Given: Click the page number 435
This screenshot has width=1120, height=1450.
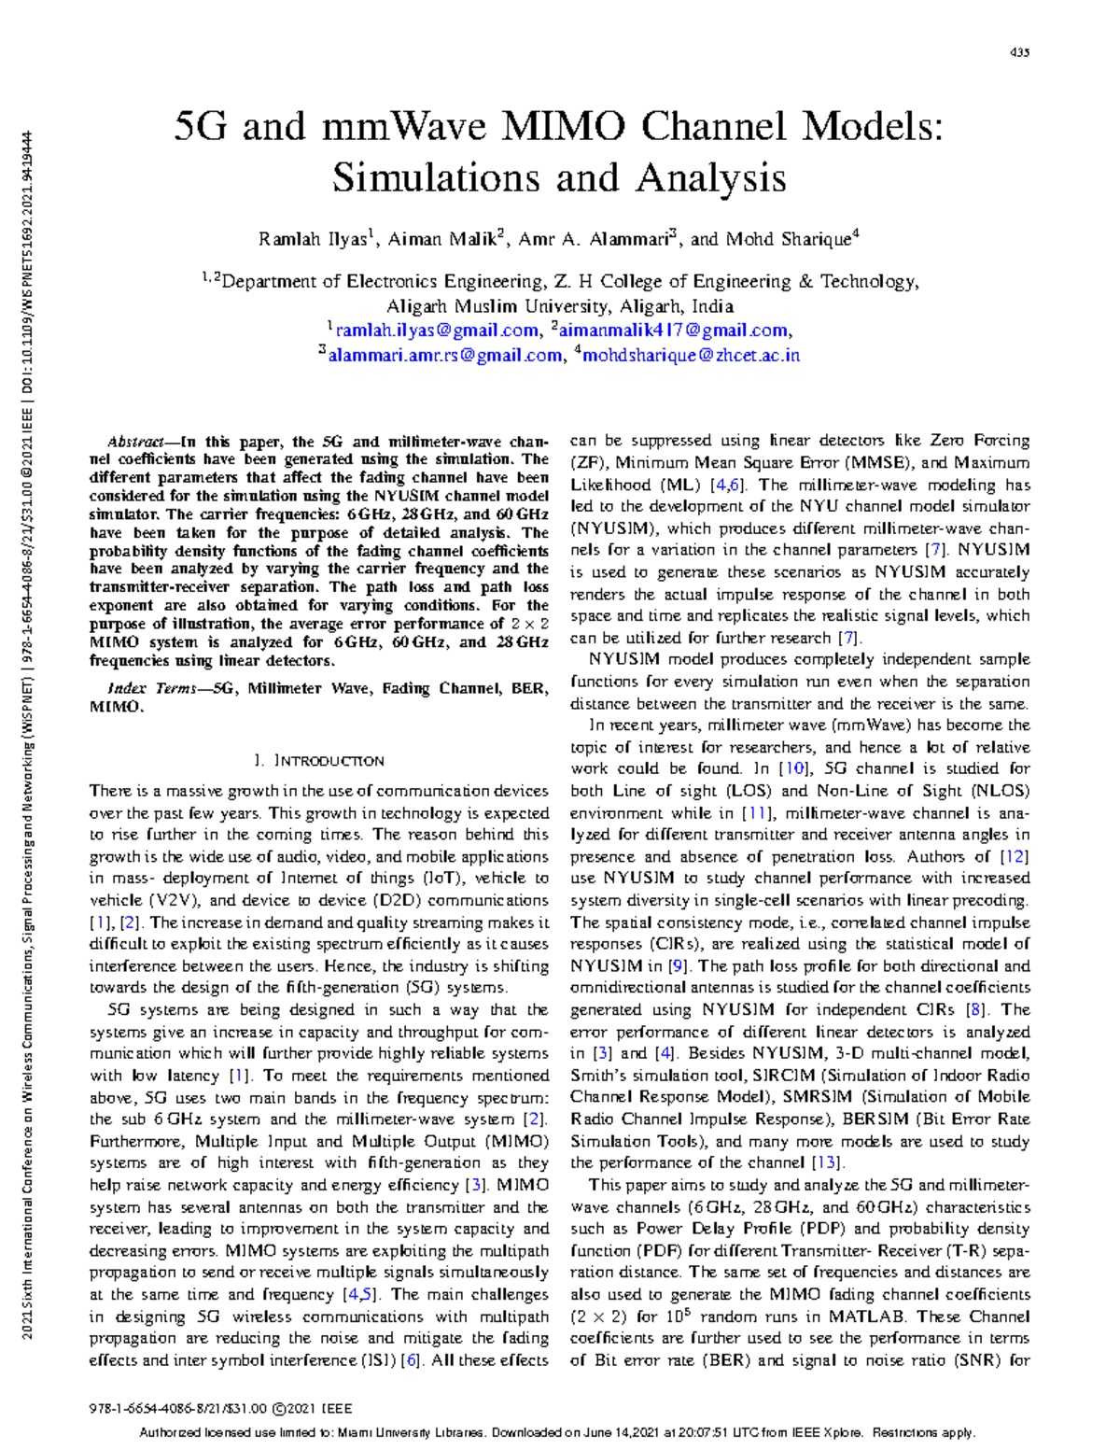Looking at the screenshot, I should (x=1019, y=53).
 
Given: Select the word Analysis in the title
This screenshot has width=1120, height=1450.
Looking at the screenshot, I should (x=711, y=177).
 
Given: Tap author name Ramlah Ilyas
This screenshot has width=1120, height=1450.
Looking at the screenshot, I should (x=313, y=239).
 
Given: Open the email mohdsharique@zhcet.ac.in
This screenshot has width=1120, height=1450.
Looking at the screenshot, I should (x=691, y=355).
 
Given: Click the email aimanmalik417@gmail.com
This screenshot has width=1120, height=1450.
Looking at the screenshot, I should (x=673, y=331).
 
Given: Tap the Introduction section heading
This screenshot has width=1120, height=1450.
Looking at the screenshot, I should (x=320, y=761).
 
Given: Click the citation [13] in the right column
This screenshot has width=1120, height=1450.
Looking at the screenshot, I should (x=827, y=1163).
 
